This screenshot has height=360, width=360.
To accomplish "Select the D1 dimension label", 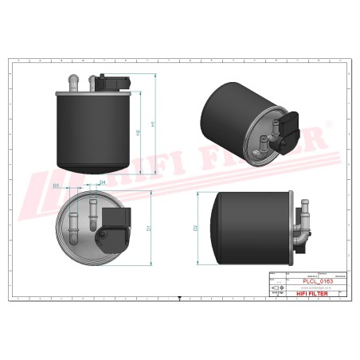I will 148,228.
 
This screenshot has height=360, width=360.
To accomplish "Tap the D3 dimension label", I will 56,185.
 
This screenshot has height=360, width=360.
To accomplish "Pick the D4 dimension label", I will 103,182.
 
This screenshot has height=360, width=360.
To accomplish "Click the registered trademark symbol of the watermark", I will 327,130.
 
